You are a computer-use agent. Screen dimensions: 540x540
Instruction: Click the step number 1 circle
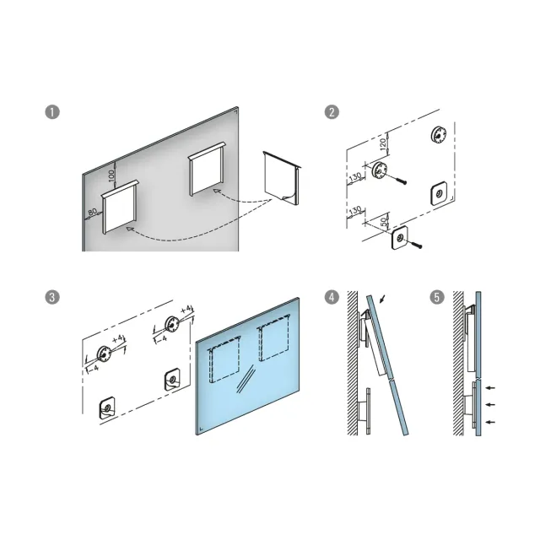coord(52,112)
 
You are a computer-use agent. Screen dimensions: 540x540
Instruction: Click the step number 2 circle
coord(332,112)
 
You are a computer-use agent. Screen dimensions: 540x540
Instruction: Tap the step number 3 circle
coord(52,297)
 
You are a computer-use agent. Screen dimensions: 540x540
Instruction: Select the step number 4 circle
coord(332,297)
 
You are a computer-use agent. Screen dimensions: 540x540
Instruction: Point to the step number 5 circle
coord(437,297)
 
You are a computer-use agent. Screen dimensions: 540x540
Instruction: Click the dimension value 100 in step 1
coord(111,176)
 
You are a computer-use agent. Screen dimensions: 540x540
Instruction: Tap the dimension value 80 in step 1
coord(92,212)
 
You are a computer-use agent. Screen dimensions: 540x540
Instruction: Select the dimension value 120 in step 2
coord(383,144)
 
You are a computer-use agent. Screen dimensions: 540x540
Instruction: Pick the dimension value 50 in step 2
coord(384,222)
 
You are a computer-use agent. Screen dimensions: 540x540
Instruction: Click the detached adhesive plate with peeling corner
coord(282,179)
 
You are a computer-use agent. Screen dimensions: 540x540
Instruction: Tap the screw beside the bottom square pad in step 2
coord(416,245)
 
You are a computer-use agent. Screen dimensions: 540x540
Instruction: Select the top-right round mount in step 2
coord(439,134)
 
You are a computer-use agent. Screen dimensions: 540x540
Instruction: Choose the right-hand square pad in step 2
coord(439,194)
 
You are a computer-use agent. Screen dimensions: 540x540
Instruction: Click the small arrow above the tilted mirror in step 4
coord(382,299)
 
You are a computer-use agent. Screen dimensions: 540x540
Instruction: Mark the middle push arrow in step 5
coord(490,405)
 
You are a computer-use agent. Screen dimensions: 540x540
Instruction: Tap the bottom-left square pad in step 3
coord(107,408)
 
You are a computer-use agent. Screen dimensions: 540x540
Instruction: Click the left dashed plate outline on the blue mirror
coord(224,362)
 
